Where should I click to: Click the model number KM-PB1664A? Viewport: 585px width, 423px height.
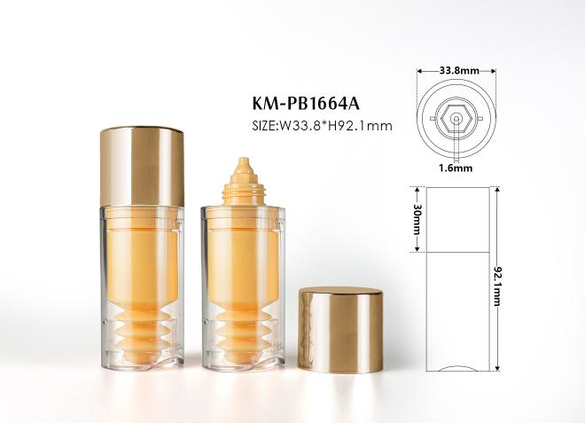(306, 104)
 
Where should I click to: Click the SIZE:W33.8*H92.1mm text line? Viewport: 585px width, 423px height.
(323, 126)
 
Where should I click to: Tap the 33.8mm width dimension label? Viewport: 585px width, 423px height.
(459, 71)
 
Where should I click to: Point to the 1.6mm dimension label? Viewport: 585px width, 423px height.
(456, 168)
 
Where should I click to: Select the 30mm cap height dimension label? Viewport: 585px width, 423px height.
(417, 220)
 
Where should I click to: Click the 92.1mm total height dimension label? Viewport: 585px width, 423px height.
(498, 286)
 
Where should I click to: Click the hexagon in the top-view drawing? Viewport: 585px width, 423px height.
(456, 119)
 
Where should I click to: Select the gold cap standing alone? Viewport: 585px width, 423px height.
(340, 329)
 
